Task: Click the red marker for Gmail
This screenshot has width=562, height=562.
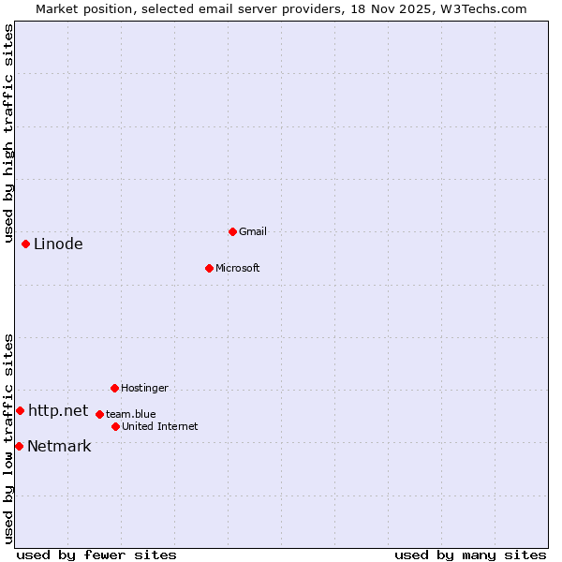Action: [x=232, y=231]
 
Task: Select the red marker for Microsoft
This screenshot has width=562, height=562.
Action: [x=209, y=268]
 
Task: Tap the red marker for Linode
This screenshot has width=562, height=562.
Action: [x=25, y=244]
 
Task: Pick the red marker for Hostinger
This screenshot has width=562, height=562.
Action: [x=114, y=388]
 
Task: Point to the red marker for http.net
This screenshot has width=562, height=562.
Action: [x=20, y=410]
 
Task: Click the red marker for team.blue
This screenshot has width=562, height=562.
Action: [x=99, y=414]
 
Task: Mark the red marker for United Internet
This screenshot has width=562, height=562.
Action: [x=115, y=426]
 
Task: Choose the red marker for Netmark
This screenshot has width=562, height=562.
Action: [x=19, y=446]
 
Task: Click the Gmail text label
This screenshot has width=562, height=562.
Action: [x=253, y=231]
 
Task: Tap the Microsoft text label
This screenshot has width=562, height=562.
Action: [x=238, y=268]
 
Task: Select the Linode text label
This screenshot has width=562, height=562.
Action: [x=58, y=244]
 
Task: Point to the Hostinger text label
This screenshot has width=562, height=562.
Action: [x=144, y=388]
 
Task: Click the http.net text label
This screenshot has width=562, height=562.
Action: [x=58, y=410]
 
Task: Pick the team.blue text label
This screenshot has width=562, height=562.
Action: [x=131, y=414]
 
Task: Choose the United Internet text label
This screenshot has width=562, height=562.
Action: [x=160, y=426]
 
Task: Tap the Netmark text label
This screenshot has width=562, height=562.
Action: [x=59, y=446]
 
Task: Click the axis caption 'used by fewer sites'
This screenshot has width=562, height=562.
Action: [x=96, y=555]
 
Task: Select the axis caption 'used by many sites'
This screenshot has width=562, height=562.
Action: [x=470, y=555]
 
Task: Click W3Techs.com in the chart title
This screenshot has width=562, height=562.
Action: [x=483, y=8]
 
